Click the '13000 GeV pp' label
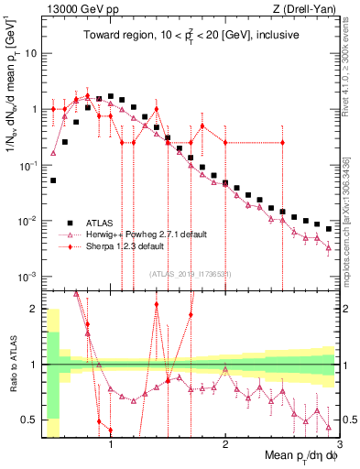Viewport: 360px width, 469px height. pyautogui.click(x=75, y=8)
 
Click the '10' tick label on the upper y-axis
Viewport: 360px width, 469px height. pyautogui.click(x=29, y=53)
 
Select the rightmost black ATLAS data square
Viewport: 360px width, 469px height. pyautogui.click(x=329, y=229)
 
